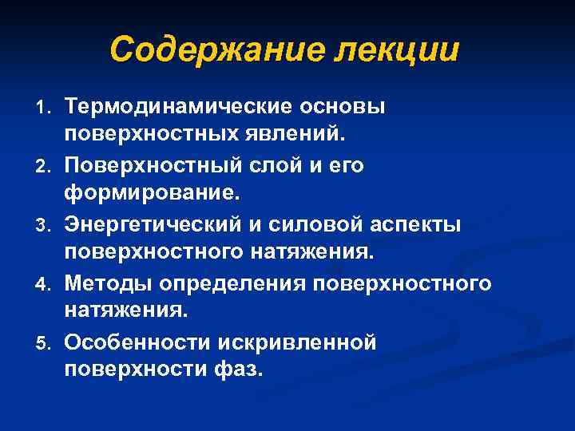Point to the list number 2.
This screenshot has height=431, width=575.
coord(46,166)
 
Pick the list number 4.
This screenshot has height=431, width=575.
coord(46,285)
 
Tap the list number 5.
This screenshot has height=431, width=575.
coord(46,344)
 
